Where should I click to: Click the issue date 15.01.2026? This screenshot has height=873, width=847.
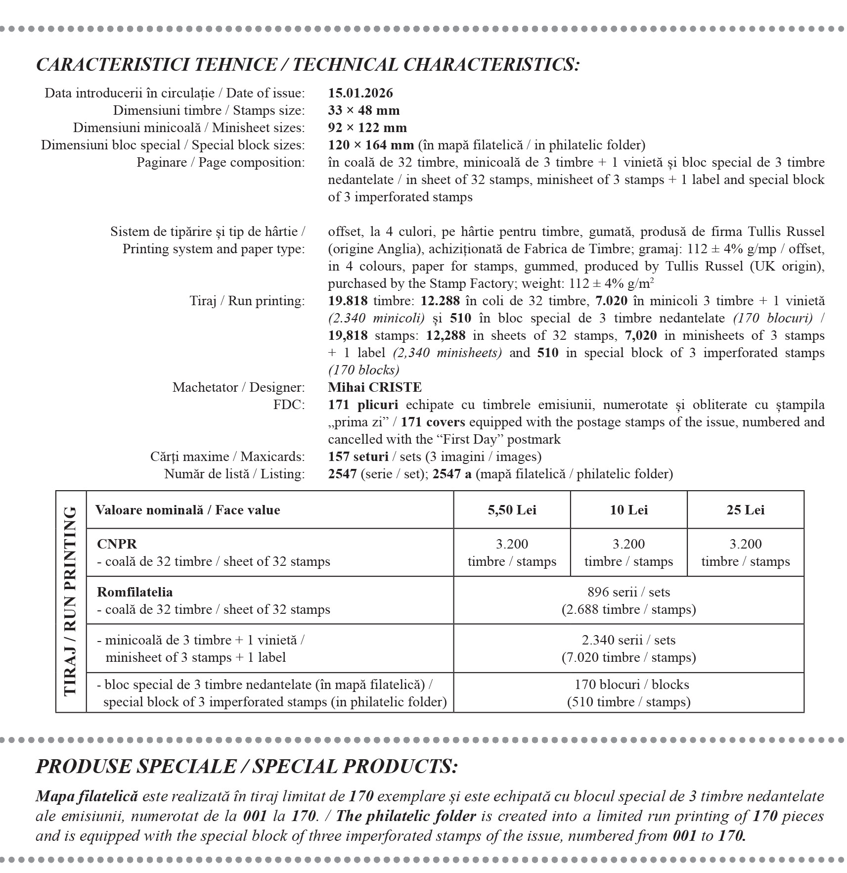pyautogui.click(x=360, y=93)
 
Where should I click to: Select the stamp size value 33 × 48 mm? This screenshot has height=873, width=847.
pyautogui.click(x=363, y=110)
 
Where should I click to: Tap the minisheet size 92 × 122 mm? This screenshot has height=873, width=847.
pyautogui.click(x=367, y=128)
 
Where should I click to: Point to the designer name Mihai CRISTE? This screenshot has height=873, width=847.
pyautogui.click(x=375, y=387)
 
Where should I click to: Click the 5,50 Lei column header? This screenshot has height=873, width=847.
pyautogui.click(x=512, y=510)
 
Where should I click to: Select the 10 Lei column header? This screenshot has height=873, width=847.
pyautogui.click(x=628, y=510)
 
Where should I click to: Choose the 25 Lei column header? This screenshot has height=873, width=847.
pyautogui.click(x=745, y=510)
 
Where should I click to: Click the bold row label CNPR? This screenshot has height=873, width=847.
pyautogui.click(x=117, y=544)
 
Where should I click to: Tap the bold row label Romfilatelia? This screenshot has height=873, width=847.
pyautogui.click(x=135, y=592)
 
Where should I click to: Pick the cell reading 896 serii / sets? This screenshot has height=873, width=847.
pyautogui.click(x=628, y=592)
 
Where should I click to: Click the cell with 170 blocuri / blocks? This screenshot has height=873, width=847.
pyautogui.click(x=628, y=685)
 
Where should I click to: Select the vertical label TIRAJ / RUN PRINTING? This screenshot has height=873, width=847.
pyautogui.click(x=71, y=601)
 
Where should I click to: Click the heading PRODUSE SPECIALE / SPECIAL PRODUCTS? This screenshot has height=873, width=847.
pyautogui.click(x=247, y=766)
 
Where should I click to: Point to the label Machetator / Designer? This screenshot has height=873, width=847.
pyautogui.click(x=238, y=387)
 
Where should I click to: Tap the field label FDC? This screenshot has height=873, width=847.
pyautogui.click(x=289, y=405)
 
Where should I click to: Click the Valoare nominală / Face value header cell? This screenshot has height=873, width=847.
pyautogui.click(x=188, y=510)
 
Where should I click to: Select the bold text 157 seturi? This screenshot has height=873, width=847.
pyautogui.click(x=358, y=457)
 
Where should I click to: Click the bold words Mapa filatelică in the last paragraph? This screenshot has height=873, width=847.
pyautogui.click(x=87, y=796)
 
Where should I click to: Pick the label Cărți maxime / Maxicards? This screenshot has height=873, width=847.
pyautogui.click(x=227, y=457)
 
